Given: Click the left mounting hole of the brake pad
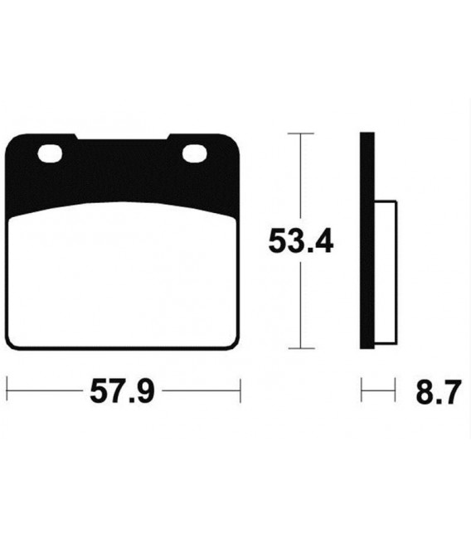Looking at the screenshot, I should (50, 154).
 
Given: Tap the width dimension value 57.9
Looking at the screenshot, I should (122, 390).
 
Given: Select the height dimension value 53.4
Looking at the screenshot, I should (300, 242).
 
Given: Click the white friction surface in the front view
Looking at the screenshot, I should (123, 278).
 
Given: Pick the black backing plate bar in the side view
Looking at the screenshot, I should (366, 240).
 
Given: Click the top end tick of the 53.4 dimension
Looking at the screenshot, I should (300, 133).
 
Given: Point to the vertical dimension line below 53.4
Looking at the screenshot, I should (300, 307).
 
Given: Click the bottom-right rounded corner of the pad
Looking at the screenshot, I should (235, 344).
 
